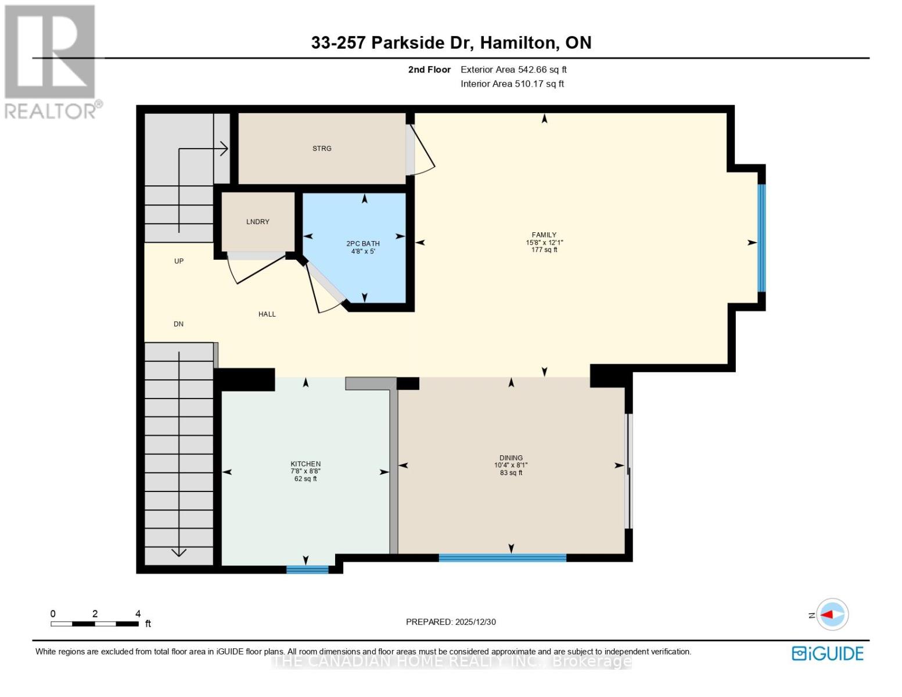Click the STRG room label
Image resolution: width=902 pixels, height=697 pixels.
click(x=322, y=149)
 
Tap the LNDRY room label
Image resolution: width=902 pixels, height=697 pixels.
click(x=258, y=222)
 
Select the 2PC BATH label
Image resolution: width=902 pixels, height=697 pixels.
click(x=363, y=244)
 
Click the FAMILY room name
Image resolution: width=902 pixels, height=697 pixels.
click(x=544, y=235)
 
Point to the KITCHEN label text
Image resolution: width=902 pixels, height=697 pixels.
click(x=306, y=464)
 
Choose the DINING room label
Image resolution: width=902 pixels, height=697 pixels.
click(x=511, y=458)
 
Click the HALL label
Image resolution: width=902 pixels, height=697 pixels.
click(x=267, y=314)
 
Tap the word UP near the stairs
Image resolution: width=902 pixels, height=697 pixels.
click(x=179, y=261)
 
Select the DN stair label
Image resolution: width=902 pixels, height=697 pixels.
click(x=178, y=324)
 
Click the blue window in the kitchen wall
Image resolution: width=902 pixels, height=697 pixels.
click(x=307, y=570)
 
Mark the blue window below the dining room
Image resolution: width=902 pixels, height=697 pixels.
click(x=502, y=558)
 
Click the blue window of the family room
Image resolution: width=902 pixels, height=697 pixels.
click(x=761, y=238)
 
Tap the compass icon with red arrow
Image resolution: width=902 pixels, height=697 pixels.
click(x=833, y=615)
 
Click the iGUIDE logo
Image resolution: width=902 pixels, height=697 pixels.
click(x=828, y=653)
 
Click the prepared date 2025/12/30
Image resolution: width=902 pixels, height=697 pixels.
click(x=451, y=622)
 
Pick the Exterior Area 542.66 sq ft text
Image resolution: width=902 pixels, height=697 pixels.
click(x=513, y=70)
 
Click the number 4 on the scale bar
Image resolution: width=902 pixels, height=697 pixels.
click(x=138, y=614)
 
